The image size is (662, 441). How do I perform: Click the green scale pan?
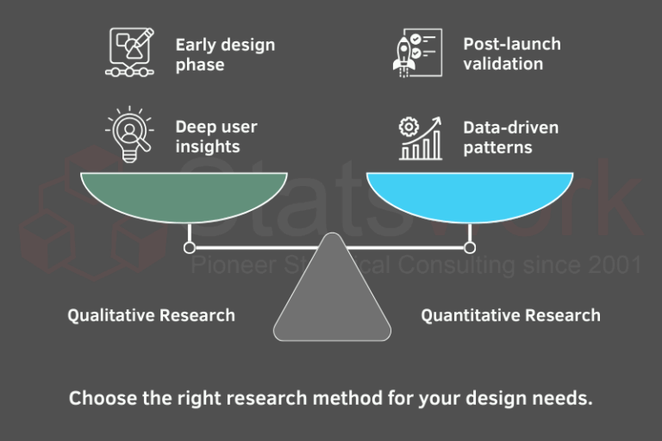pyautogui.click(x=184, y=194)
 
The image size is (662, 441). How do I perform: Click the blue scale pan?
pyautogui.click(x=469, y=194)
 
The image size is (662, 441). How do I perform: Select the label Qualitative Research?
pyautogui.click(x=151, y=315)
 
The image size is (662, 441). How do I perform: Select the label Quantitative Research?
pyautogui.click(x=510, y=315)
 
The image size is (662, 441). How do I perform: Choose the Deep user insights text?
pyautogui.click(x=216, y=137)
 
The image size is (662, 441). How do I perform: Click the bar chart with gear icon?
pyautogui.click(x=421, y=138)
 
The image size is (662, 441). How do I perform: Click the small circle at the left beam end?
pyautogui.click(x=189, y=248)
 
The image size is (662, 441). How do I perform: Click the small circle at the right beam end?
pyautogui.click(x=470, y=248)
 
